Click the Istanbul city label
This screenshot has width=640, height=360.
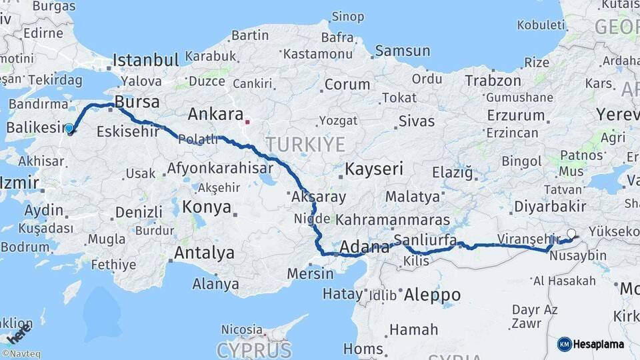(145, 60)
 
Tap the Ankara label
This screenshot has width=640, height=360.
(215, 114)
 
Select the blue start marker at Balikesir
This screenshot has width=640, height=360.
(69, 128)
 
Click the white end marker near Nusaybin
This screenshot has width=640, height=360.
(571, 234)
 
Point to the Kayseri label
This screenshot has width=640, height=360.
(373, 169)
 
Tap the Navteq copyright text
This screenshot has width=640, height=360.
(21, 354)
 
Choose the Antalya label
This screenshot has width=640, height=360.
(204, 253)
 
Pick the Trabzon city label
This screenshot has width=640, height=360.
(493, 81)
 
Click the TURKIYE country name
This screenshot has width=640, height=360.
(305, 144)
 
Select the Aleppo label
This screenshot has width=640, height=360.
(432, 295)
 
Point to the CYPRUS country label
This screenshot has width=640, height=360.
(253, 350)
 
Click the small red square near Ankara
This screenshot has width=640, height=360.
(247, 122)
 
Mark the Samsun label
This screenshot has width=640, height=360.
(403, 51)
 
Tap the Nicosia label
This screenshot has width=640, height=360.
(242, 329)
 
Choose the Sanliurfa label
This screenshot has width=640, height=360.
(425, 240)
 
